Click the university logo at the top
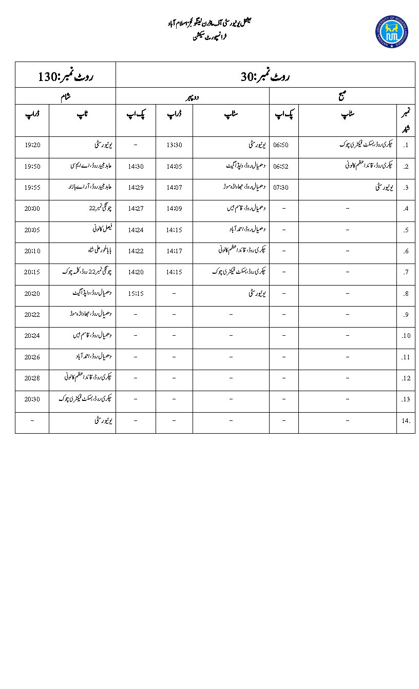pyautogui.click(x=392, y=32)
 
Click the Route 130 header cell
pyautogui.click(x=65, y=77)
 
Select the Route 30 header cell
pyautogui.click(x=265, y=77)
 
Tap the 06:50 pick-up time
pyautogui.click(x=281, y=145)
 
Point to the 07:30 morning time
pyautogui.click(x=281, y=188)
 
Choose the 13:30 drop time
pyautogui.click(x=174, y=145)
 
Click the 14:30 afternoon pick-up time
pyautogui.click(x=136, y=166)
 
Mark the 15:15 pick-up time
pyautogui.click(x=136, y=294)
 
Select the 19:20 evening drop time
pyautogui.click(x=32, y=145)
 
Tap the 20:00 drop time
pyautogui.click(x=32, y=209)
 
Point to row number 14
pyautogui.click(x=406, y=421)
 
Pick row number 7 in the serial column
pyautogui.click(x=406, y=272)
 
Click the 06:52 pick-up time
pyautogui.click(x=281, y=166)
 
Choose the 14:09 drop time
pyautogui.click(x=174, y=209)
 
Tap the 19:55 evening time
pyautogui.click(x=32, y=188)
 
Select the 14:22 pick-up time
pyautogui.click(x=136, y=251)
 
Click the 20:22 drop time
pyautogui.click(x=32, y=315)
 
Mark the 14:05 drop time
pyautogui.click(x=174, y=166)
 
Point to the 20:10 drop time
pyautogui.click(x=32, y=251)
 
